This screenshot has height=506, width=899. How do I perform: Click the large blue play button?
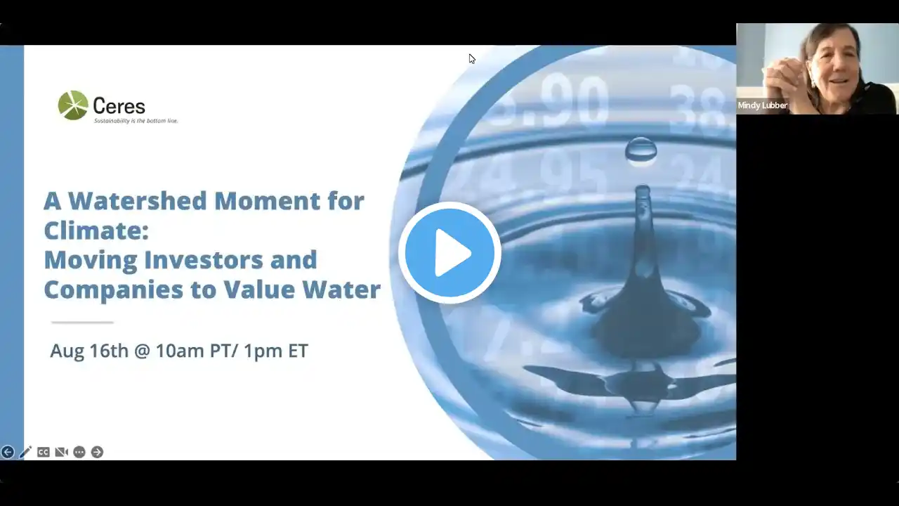point(449,252)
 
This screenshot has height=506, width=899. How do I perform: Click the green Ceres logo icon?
point(73,105)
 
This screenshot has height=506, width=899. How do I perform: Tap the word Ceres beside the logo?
point(119,106)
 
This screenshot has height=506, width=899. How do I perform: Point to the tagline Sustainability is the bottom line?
point(136,121)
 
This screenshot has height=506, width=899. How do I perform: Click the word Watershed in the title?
point(138,201)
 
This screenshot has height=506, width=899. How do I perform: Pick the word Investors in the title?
point(204,260)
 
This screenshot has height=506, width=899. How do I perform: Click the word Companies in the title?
point(114,290)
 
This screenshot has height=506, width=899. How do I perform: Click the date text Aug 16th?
point(89,351)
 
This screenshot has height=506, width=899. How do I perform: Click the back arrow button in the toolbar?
point(8,452)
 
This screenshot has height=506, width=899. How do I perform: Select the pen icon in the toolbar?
point(25,452)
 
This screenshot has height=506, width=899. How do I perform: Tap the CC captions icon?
point(44,452)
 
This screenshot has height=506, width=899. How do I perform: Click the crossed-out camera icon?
point(61,452)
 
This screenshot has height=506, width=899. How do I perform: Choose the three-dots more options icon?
point(79,452)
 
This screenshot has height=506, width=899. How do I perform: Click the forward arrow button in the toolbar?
point(97,452)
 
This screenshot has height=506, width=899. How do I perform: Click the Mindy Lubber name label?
point(763,105)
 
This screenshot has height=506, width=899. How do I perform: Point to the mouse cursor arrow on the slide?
point(471,58)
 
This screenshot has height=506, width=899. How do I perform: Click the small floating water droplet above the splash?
point(641,150)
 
